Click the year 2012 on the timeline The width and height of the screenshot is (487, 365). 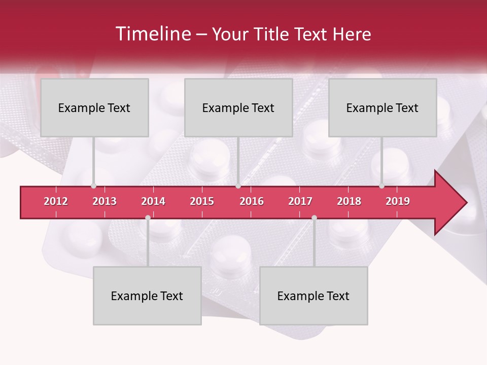click(x=56, y=201)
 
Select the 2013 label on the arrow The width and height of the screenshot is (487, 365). click(x=105, y=201)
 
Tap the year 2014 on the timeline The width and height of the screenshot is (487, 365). click(x=153, y=201)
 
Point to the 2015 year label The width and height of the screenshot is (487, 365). click(x=202, y=201)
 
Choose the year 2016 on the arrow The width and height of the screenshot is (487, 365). click(x=252, y=201)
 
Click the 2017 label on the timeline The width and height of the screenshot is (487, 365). click(x=300, y=201)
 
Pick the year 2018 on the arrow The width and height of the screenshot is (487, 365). click(x=349, y=201)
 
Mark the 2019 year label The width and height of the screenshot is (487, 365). click(x=398, y=201)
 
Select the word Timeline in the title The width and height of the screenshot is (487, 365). click(x=152, y=34)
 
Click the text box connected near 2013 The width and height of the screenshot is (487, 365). click(x=94, y=107)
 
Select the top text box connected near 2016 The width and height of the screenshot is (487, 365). click(x=238, y=107)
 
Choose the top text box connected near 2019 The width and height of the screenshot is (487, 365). click(x=382, y=107)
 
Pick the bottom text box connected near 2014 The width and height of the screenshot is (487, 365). click(x=147, y=296)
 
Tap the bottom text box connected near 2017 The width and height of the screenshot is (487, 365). click(x=314, y=296)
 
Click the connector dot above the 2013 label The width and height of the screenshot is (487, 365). click(x=94, y=186)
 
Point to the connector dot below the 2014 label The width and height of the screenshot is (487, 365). click(x=148, y=217)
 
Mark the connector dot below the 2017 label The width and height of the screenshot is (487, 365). click(x=314, y=217)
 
